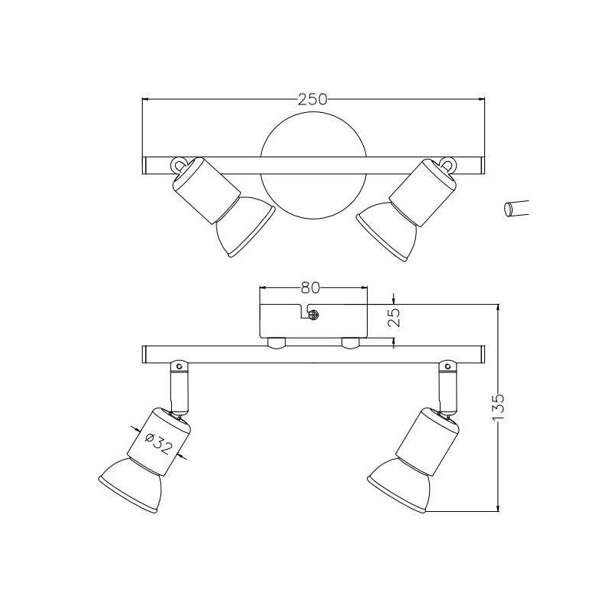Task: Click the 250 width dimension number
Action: pyautogui.click(x=313, y=99)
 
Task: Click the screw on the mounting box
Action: pyautogui.click(x=312, y=312)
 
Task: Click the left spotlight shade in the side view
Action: pyautogui.click(x=132, y=484)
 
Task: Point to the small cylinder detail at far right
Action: pyautogui.click(x=517, y=209)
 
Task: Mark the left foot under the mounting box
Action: pyautogui.click(x=276, y=342)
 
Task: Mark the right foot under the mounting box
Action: pyautogui.click(x=352, y=342)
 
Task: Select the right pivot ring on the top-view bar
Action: pyautogui.click(x=447, y=163)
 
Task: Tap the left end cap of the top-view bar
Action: pyautogui.click(x=147, y=166)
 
